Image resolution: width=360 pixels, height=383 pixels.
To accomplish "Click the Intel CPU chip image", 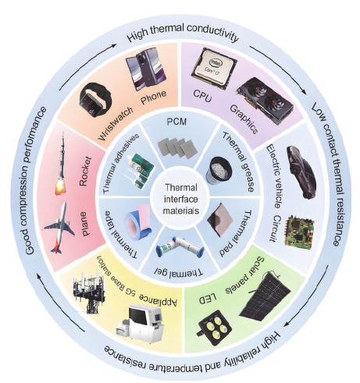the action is click(214, 68).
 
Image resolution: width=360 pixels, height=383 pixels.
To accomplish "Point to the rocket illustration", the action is click(61, 163).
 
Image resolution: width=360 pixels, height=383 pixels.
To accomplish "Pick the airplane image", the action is click(59, 228).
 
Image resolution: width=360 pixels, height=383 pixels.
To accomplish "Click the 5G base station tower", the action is click(89, 292).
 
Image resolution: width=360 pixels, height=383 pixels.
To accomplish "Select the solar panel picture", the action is click(266, 295).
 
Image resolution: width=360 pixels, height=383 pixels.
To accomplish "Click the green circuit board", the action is click(300, 230).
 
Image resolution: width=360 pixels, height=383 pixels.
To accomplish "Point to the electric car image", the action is click(301, 172).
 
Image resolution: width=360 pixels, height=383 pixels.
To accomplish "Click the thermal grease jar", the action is click(219, 170).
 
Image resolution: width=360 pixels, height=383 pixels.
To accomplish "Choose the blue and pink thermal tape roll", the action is click(139, 221).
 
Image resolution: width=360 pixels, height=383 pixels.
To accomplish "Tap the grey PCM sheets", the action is click(178, 147).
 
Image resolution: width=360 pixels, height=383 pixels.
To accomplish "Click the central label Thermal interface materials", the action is click(181, 199).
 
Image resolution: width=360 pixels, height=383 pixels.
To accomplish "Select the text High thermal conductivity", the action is click(183, 33).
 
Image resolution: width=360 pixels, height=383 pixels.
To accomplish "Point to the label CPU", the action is click(202, 96).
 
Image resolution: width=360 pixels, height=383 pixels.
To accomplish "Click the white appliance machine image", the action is click(140, 323).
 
